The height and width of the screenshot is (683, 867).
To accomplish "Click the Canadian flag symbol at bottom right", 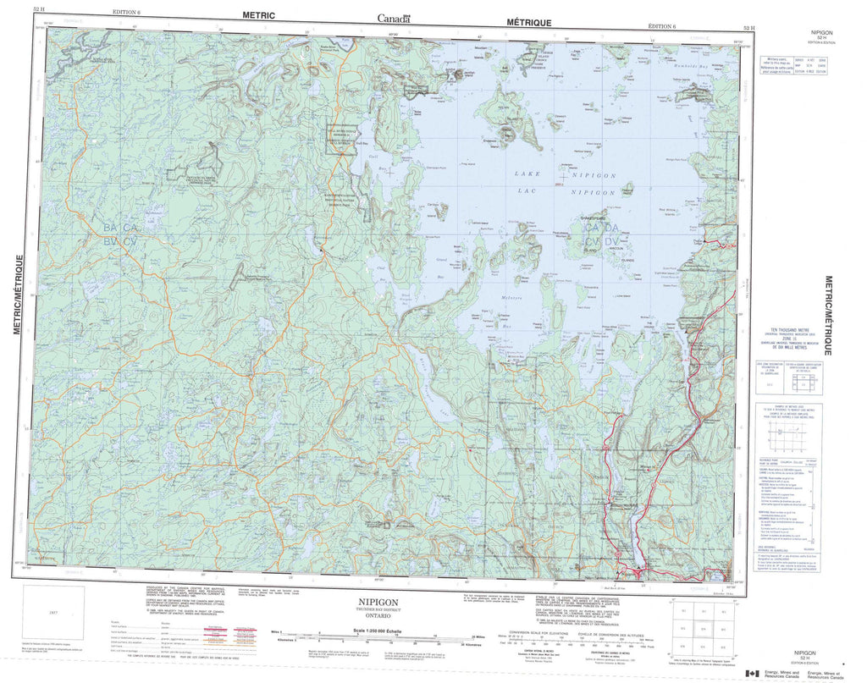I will coord(750,673).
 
